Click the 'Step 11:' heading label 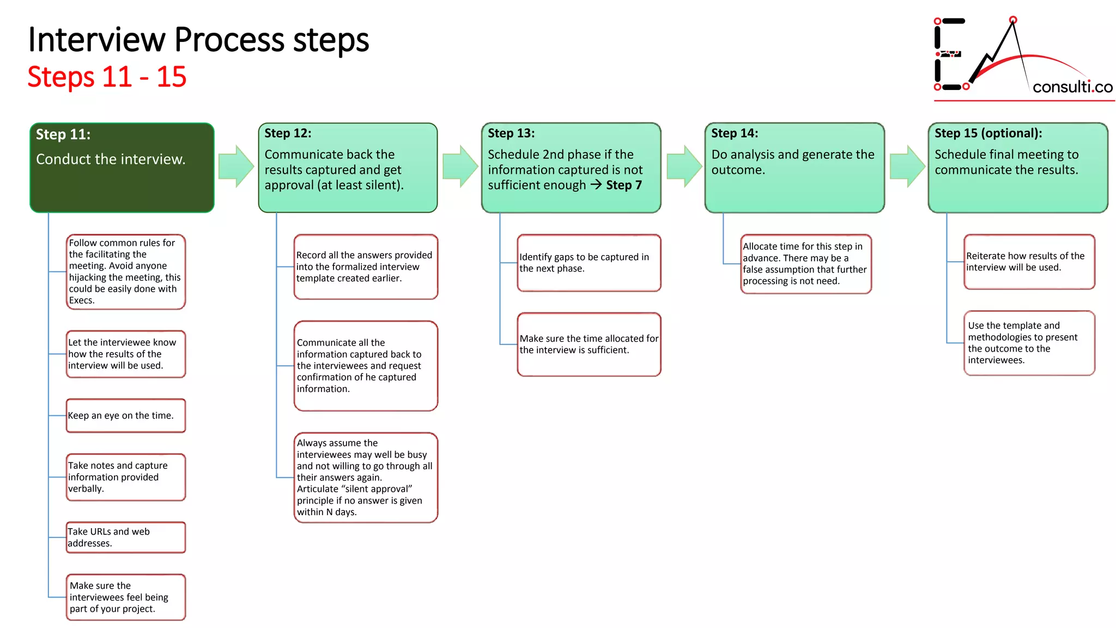click(63, 135)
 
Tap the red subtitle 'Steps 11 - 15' click(107, 77)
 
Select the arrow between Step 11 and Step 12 click(236, 166)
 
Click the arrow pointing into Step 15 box click(907, 166)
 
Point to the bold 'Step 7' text click(624, 185)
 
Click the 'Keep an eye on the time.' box click(125, 416)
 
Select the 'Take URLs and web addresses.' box click(125, 538)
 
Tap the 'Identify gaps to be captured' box click(589, 263)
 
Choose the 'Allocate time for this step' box click(805, 264)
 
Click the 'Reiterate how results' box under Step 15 click(1029, 262)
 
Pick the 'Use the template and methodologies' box click(1029, 343)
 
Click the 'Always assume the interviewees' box click(365, 478)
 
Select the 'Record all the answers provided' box click(365, 267)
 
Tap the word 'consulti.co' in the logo click(1072, 87)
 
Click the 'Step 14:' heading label click(734, 134)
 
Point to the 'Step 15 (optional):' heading click(988, 134)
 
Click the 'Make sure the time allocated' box click(589, 345)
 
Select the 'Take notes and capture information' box click(125, 477)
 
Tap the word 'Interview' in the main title click(96, 40)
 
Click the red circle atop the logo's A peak click(1012, 20)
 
